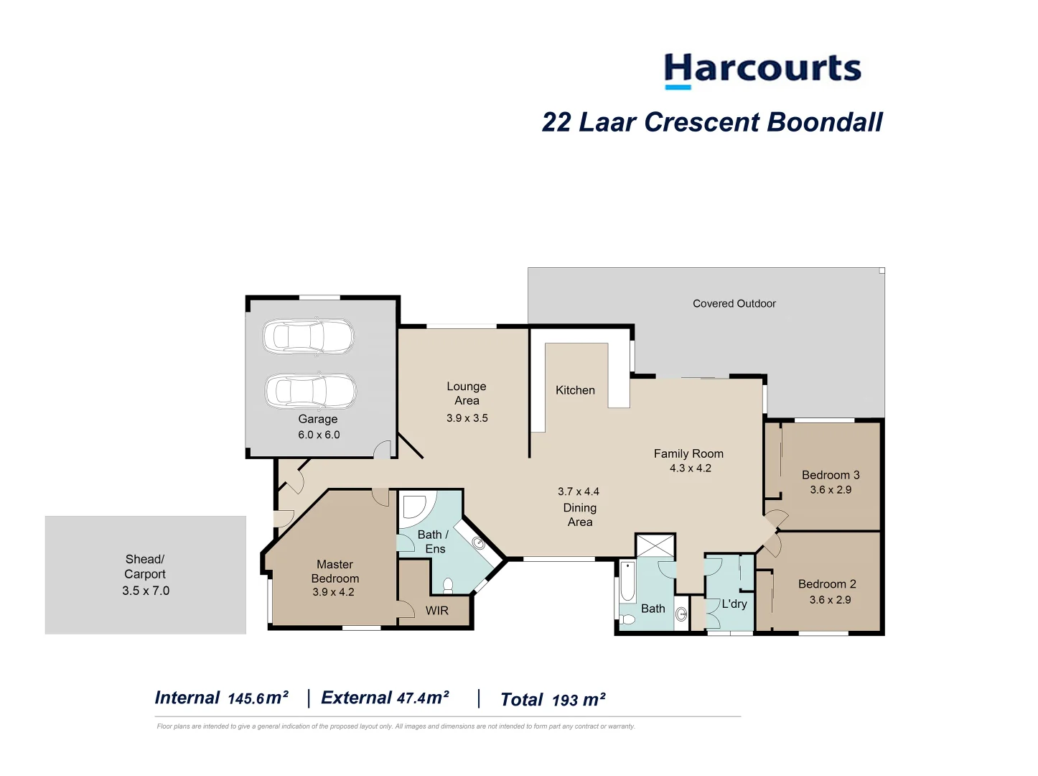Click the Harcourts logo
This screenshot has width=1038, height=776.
coord(762,70)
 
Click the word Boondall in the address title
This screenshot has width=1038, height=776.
coord(824,122)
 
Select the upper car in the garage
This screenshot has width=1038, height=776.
coord(308,336)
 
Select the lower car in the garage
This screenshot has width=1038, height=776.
coord(310,392)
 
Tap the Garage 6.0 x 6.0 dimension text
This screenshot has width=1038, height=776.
coord(319,435)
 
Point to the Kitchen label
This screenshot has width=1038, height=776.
coord(575,390)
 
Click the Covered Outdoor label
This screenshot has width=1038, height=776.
coord(734,304)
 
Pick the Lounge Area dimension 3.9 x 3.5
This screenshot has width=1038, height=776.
coord(467,418)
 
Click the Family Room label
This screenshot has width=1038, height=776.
coord(688,453)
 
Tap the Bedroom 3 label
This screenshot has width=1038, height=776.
coord(831,475)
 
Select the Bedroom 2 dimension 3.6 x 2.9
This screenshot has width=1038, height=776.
coord(830,600)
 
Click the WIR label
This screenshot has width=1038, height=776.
coord(436,611)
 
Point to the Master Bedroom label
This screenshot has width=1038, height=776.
coord(335,571)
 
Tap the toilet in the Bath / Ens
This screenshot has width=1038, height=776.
coord(448,586)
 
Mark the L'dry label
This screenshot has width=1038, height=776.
coord(734,604)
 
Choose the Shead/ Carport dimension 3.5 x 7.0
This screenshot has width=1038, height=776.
coord(146,591)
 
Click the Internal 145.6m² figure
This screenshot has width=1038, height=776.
coord(258,698)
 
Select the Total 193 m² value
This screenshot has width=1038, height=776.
coord(579,701)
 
